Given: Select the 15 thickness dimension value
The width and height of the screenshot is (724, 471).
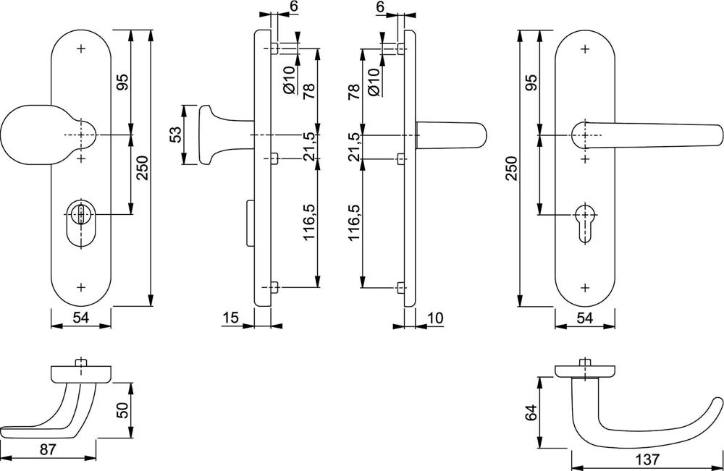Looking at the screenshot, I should click(x=230, y=318).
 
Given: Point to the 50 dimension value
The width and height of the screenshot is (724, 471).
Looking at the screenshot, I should click(x=122, y=410).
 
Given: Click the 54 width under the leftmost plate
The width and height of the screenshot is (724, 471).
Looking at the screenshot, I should click(x=80, y=318).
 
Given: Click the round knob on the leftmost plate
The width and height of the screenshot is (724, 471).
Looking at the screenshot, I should click(x=29, y=136).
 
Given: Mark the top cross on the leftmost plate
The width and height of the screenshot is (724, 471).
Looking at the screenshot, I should click(x=80, y=49).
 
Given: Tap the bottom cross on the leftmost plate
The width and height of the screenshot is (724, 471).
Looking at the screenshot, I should click(x=80, y=287).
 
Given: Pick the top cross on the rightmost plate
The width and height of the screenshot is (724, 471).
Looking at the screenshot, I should click(x=584, y=49).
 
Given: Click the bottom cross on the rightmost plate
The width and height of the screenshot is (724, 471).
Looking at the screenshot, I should click(x=584, y=287).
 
